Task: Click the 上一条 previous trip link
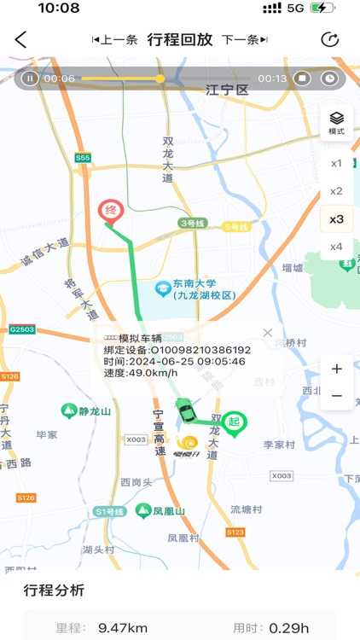click(114, 40)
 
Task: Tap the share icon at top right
click(329, 40)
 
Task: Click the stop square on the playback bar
click(301, 79)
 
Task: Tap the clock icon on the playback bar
click(329, 79)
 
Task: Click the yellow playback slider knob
click(160, 79)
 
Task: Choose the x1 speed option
click(336, 163)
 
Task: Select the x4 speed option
click(336, 247)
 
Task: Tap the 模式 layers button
click(336, 123)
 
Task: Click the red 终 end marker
click(109, 210)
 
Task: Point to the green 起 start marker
click(234, 422)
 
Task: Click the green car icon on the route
click(184, 411)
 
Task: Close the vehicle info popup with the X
click(267, 333)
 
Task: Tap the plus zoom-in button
click(336, 369)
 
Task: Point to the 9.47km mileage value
click(123, 628)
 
